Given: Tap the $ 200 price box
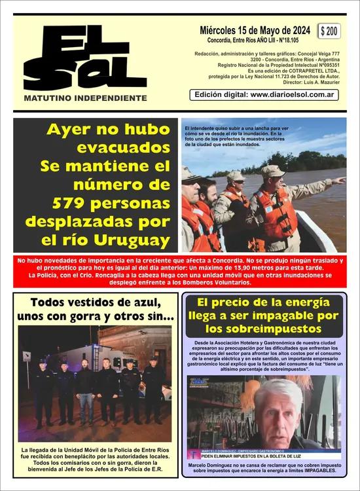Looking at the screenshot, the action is point(330,31).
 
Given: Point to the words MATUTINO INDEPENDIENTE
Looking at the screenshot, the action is point(85,98).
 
